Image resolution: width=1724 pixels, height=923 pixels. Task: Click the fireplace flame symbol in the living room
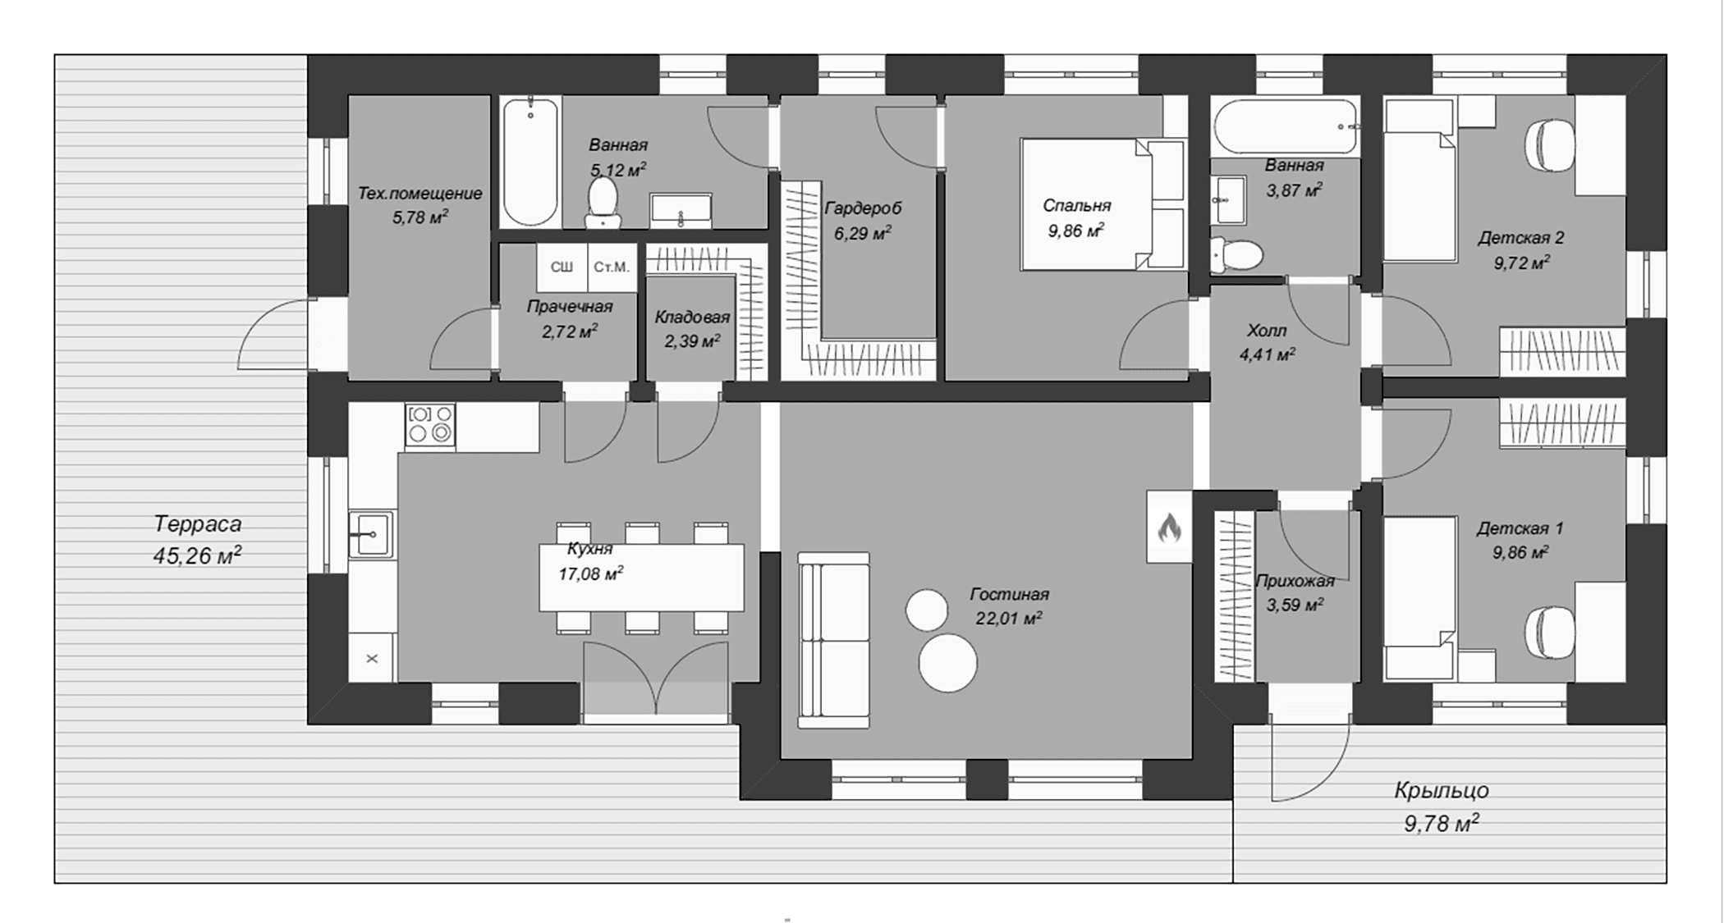click(x=1169, y=528)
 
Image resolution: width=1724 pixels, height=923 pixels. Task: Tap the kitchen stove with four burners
click(x=430, y=424)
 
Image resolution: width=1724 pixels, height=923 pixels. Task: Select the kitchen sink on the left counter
click(x=371, y=534)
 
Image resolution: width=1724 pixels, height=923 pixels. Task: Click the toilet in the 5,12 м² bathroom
click(x=603, y=202)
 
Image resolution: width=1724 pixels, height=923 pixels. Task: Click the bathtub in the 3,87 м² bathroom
click(x=1286, y=126)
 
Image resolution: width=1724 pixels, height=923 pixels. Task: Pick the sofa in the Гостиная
click(x=834, y=640)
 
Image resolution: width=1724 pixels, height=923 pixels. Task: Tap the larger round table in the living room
click(x=947, y=663)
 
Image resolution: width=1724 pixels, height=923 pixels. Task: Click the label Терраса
click(x=198, y=523)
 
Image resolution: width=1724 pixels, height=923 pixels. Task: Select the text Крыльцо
click(x=1442, y=791)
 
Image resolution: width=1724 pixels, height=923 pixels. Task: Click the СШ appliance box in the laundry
click(x=562, y=267)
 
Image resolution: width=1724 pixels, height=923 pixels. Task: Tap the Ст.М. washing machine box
click(x=612, y=267)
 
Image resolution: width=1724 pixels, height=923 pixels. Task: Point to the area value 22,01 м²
click(x=1009, y=618)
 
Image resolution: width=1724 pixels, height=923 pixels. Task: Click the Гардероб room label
click(x=863, y=208)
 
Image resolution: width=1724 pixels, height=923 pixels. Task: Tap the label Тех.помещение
click(x=420, y=194)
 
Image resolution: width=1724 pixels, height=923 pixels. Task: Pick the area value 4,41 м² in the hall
click(x=1267, y=354)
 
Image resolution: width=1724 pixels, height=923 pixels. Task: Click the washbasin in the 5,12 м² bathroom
click(x=681, y=211)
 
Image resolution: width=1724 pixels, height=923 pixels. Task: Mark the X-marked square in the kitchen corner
click(x=372, y=658)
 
